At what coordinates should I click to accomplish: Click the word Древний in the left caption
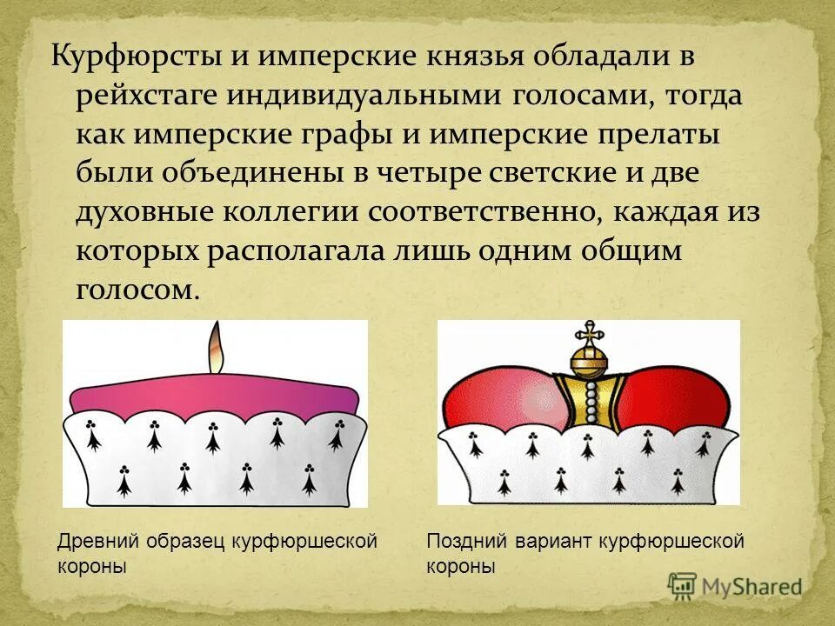pyautogui.click(x=91, y=542)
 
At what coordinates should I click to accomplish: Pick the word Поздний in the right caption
pyautogui.click(x=461, y=542)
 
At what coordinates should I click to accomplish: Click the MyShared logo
pyautogui.click(x=735, y=586)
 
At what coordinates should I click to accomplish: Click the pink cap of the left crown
pyautogui.click(x=214, y=395)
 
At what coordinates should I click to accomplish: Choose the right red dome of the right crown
pyautogui.click(x=678, y=391)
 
